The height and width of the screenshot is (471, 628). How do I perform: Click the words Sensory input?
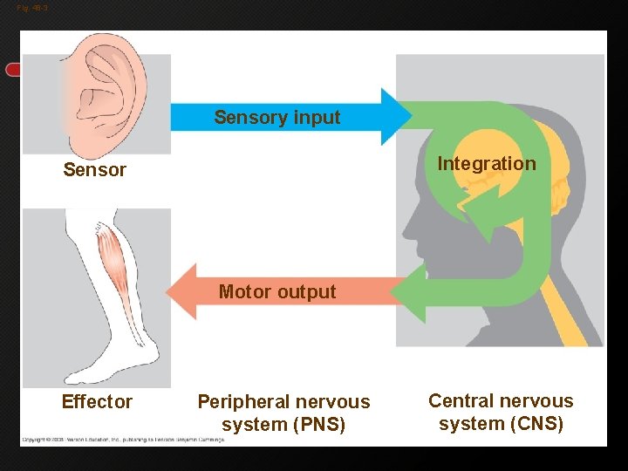(276, 118)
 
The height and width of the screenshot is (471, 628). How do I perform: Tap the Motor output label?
(276, 292)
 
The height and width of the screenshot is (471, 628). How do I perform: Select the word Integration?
(486, 164)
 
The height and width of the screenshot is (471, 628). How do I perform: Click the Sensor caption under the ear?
(94, 170)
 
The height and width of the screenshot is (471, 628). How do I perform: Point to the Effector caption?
(97, 402)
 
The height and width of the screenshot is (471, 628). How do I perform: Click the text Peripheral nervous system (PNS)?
(283, 413)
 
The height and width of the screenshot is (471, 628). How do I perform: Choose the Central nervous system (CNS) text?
(501, 413)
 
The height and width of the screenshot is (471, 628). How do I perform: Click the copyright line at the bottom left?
(123, 440)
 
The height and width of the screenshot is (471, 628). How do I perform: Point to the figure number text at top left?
(32, 8)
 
